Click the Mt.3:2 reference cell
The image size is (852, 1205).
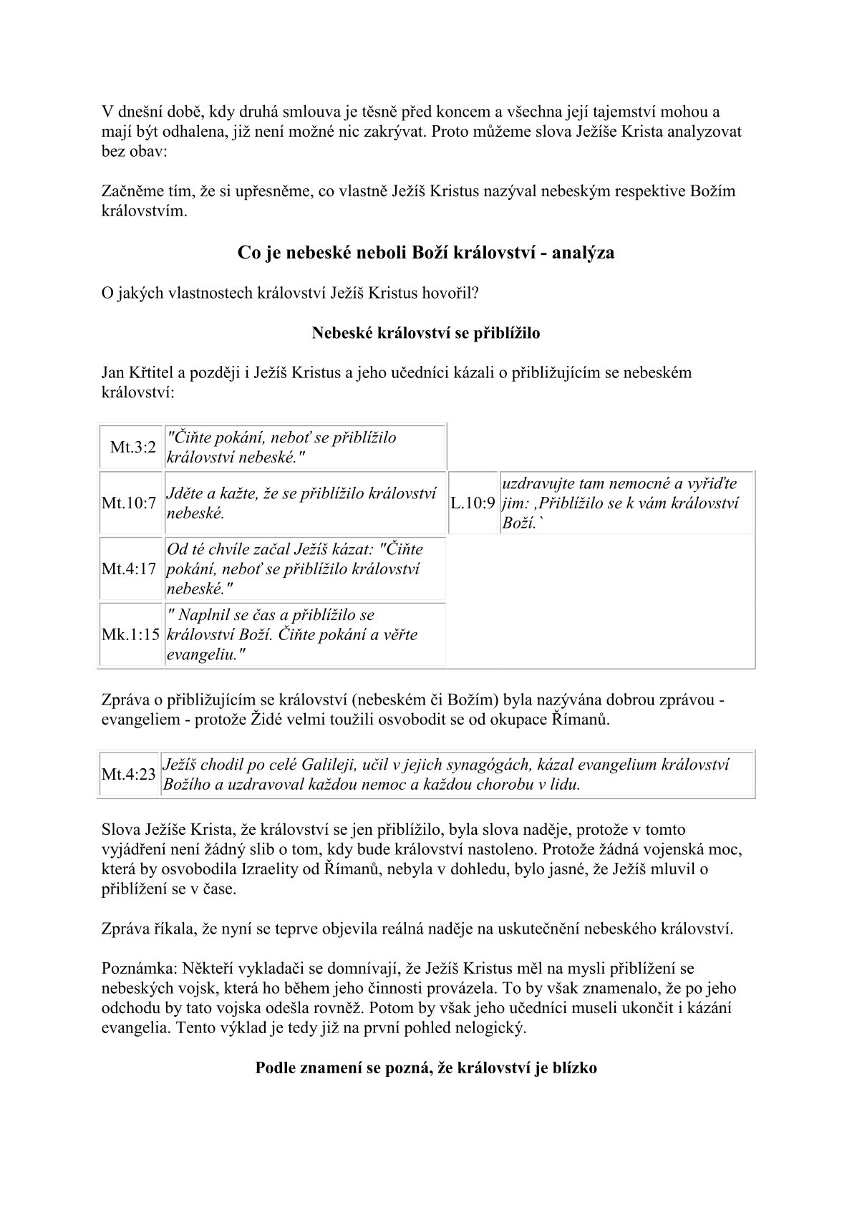coord(132,447)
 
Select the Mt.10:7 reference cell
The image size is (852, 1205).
coord(129,503)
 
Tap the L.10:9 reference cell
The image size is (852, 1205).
coord(473,503)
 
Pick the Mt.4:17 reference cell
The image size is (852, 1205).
coord(129,569)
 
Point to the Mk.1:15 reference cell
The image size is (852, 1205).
coord(130,635)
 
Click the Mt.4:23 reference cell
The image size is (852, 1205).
coord(129,775)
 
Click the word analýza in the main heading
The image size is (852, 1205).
coord(582,253)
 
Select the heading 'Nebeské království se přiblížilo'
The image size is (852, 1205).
coord(426,333)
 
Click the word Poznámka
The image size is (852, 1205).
coord(135,969)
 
